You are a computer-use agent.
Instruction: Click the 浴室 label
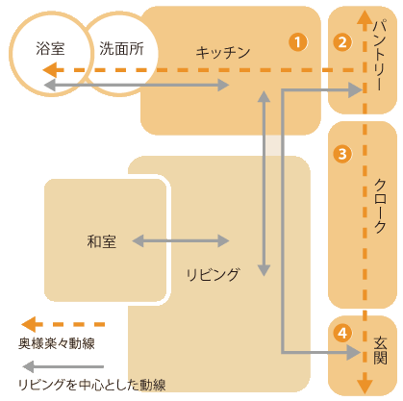point(50,49)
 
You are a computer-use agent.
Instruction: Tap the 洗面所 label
point(121,49)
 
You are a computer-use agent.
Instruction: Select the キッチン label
point(223,53)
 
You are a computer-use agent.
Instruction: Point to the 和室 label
point(102,241)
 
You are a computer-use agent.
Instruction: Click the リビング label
point(213,275)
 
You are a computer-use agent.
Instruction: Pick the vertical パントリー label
point(380,54)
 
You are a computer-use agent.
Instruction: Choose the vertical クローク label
point(380,206)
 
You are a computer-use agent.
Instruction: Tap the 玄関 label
point(380,350)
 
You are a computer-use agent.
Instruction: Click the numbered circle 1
point(298,42)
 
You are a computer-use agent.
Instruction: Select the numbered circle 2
point(342,42)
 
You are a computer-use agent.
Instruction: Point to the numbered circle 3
point(342,154)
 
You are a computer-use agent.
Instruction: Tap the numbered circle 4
point(342,333)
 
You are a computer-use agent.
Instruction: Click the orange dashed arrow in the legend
point(63,325)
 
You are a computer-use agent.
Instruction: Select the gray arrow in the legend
point(63,366)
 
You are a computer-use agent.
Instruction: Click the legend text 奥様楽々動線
point(57,343)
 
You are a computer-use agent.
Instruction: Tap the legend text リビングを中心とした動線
point(92,385)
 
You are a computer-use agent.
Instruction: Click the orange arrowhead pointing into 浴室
point(50,70)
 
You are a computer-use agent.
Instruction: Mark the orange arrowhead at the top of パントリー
point(365,17)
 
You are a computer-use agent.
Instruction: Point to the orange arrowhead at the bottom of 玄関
point(365,387)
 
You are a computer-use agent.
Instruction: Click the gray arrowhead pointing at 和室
point(139,241)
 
